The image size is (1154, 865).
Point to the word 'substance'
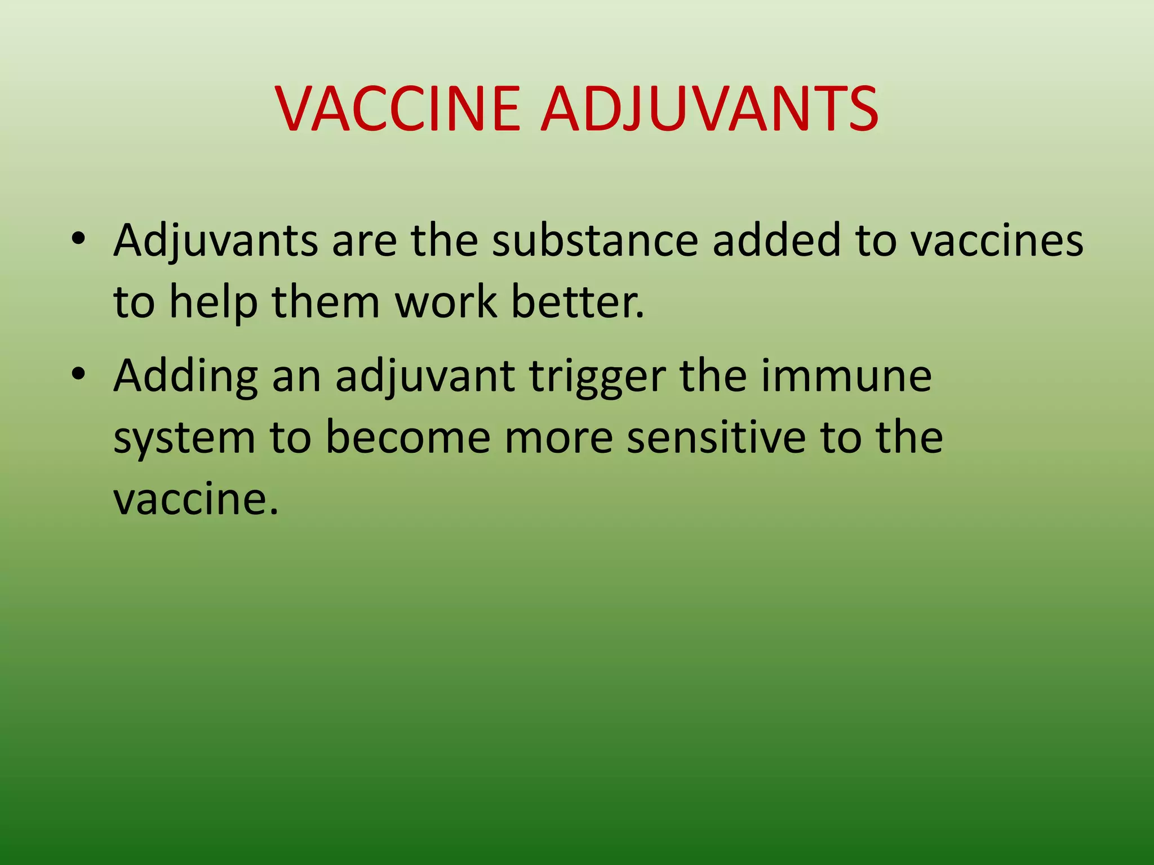click(x=594, y=241)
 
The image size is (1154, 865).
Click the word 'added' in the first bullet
click(x=776, y=241)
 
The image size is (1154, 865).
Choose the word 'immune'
click(x=847, y=376)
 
